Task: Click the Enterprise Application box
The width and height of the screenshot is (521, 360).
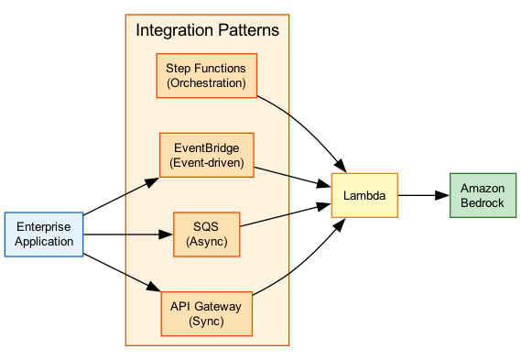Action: (44, 235)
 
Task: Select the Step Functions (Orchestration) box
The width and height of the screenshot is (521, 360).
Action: (206, 75)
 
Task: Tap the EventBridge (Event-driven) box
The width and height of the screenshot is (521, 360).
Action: (206, 155)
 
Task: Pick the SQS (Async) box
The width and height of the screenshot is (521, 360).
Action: (206, 235)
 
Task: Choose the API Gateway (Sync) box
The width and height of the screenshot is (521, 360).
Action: (206, 313)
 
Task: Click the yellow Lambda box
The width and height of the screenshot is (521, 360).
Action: (364, 195)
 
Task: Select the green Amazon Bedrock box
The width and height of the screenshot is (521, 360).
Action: (483, 195)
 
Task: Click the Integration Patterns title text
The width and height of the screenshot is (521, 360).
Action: (207, 30)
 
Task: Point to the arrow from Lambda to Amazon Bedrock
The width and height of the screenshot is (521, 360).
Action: (423, 195)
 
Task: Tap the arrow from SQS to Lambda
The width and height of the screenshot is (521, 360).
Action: (286, 217)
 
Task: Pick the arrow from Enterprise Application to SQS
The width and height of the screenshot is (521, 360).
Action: (128, 235)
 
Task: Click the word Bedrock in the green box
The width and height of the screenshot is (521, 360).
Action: (483, 202)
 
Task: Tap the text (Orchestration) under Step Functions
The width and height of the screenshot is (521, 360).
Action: (206, 83)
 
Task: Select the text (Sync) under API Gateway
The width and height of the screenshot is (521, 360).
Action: (206, 322)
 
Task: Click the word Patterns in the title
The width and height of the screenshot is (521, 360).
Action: (245, 30)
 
